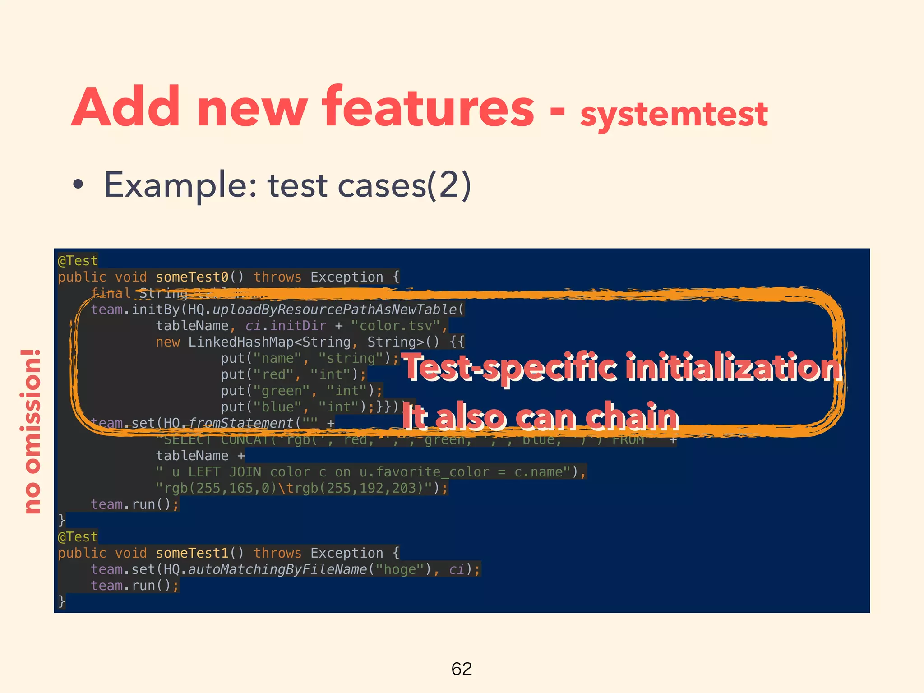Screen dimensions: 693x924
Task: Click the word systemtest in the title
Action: tap(674, 114)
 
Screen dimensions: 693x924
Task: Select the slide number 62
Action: tap(462, 669)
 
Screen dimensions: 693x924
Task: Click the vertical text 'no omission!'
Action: tap(31, 431)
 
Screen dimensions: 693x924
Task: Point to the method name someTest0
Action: tap(192, 277)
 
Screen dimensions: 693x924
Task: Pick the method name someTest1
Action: tap(192, 553)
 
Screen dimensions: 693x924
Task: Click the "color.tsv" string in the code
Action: tap(395, 326)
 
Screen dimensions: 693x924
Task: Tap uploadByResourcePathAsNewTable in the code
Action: tap(334, 310)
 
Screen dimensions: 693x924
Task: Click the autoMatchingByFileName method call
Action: tap(277, 569)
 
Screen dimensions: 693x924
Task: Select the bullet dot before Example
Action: tap(78, 185)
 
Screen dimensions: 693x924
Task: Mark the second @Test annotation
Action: tap(78, 537)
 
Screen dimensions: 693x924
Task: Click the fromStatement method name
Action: tap(241, 423)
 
